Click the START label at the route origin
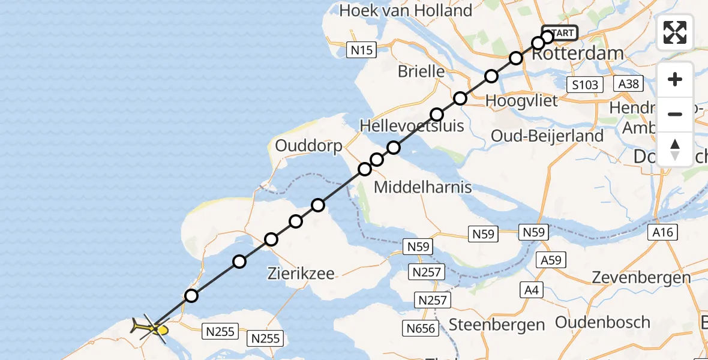click(x=561, y=33)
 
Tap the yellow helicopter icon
click(x=149, y=328)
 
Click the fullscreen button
click(x=675, y=32)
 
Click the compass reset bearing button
click(x=675, y=149)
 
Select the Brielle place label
click(x=421, y=71)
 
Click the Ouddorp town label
click(x=308, y=146)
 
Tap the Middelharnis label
click(x=422, y=187)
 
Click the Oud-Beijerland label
click(x=547, y=136)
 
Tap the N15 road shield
click(x=362, y=50)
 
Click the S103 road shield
click(x=585, y=85)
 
